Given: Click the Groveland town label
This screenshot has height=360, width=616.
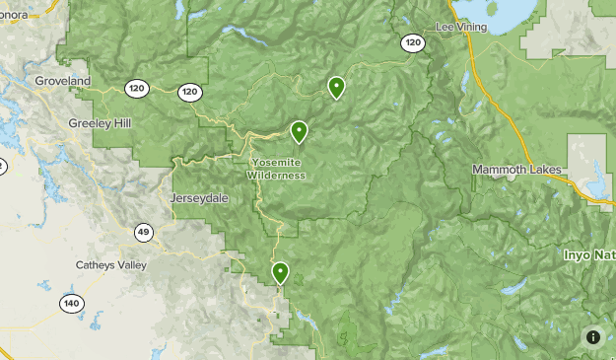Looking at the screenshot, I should point(62,80).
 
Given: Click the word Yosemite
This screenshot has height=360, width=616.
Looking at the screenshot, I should point(276,163).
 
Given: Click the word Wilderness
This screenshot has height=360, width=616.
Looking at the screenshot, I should point(276,176).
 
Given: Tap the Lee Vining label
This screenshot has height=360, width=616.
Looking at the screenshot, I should point(462,27).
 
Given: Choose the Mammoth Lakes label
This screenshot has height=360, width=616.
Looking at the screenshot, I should point(516,170).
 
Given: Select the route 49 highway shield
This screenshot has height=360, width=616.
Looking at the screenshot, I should point(144,233).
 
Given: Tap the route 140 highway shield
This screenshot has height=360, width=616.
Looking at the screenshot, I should point(71,303).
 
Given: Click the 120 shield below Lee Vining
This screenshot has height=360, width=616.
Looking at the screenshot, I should point(413,42).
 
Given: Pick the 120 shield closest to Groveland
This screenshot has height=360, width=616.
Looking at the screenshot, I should point(137,89).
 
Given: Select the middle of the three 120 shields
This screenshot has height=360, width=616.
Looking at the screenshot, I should point(190,92).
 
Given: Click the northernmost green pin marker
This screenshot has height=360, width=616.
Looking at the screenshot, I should point(337,87).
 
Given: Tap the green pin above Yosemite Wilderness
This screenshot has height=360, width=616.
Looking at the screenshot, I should point(299,130).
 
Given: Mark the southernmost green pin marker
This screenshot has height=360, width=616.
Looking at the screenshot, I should point(281,271).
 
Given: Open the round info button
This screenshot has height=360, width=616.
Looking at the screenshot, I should point(593,336).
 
